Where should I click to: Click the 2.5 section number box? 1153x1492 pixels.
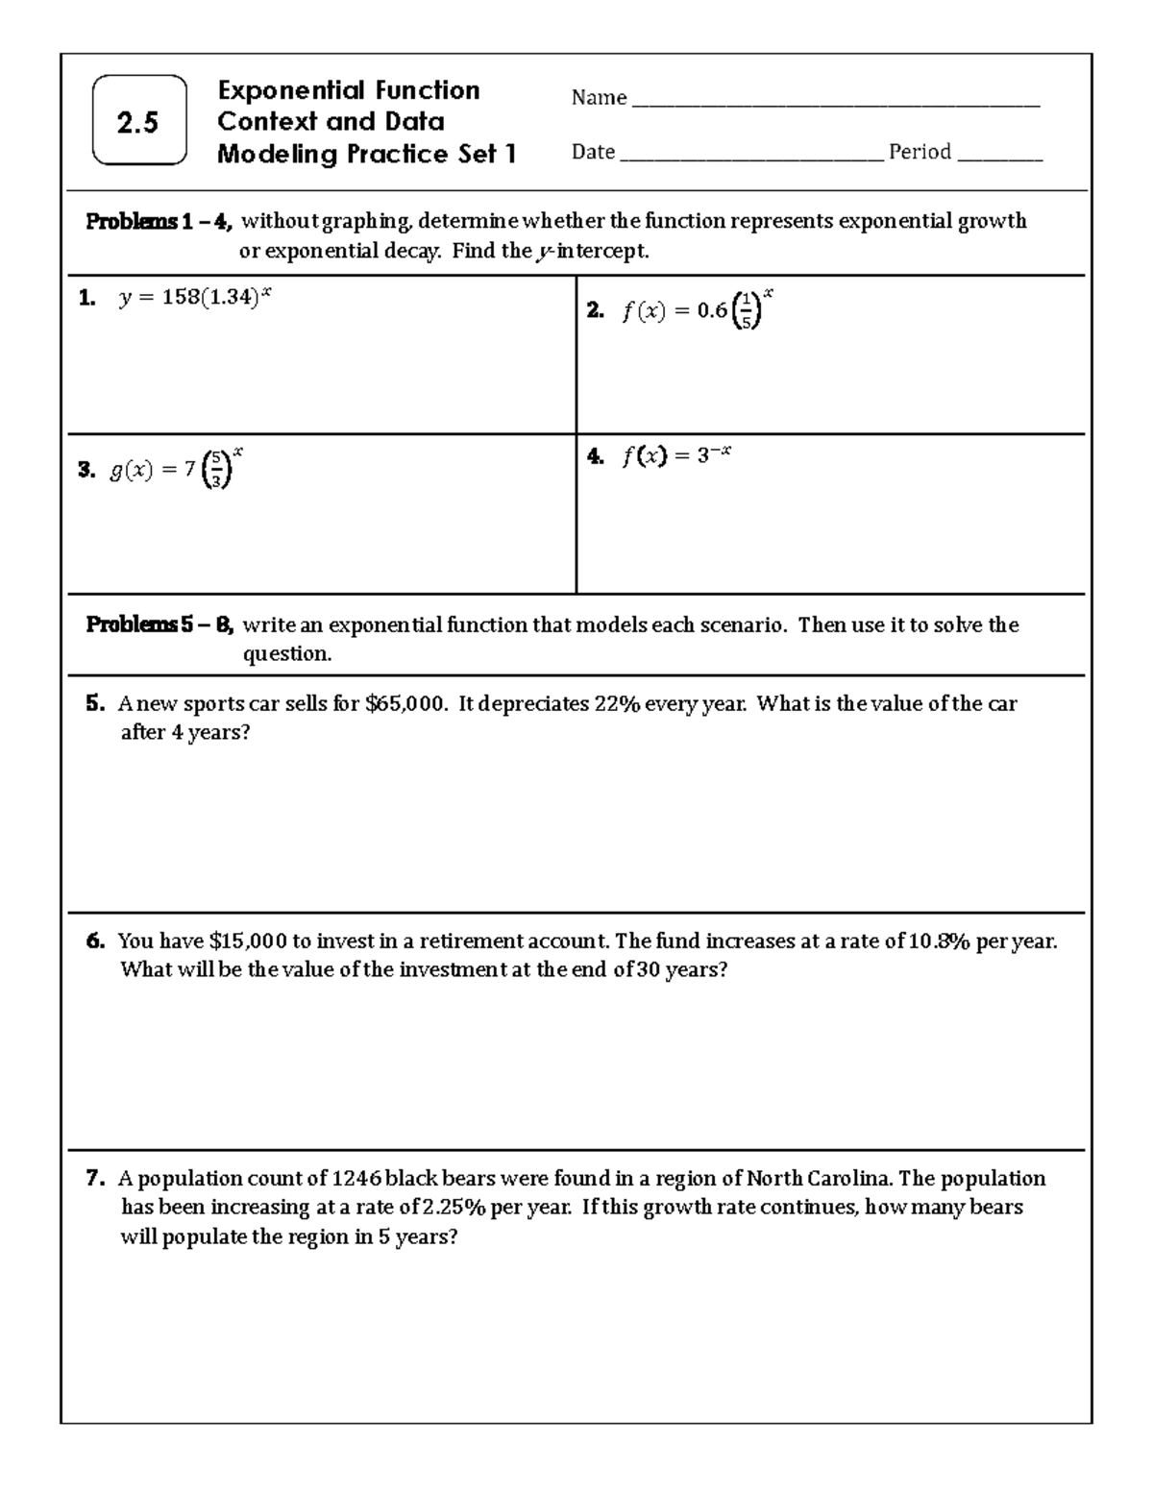point(138,121)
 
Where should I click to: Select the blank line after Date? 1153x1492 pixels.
point(751,157)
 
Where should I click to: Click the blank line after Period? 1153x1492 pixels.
point(999,157)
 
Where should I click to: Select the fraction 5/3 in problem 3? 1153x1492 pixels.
point(218,469)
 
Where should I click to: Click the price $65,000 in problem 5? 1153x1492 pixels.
point(405,703)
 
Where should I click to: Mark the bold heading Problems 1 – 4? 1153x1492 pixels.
point(159,222)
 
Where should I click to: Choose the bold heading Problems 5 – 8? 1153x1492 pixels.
point(159,625)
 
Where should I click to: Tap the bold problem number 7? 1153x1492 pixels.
point(94,1178)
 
